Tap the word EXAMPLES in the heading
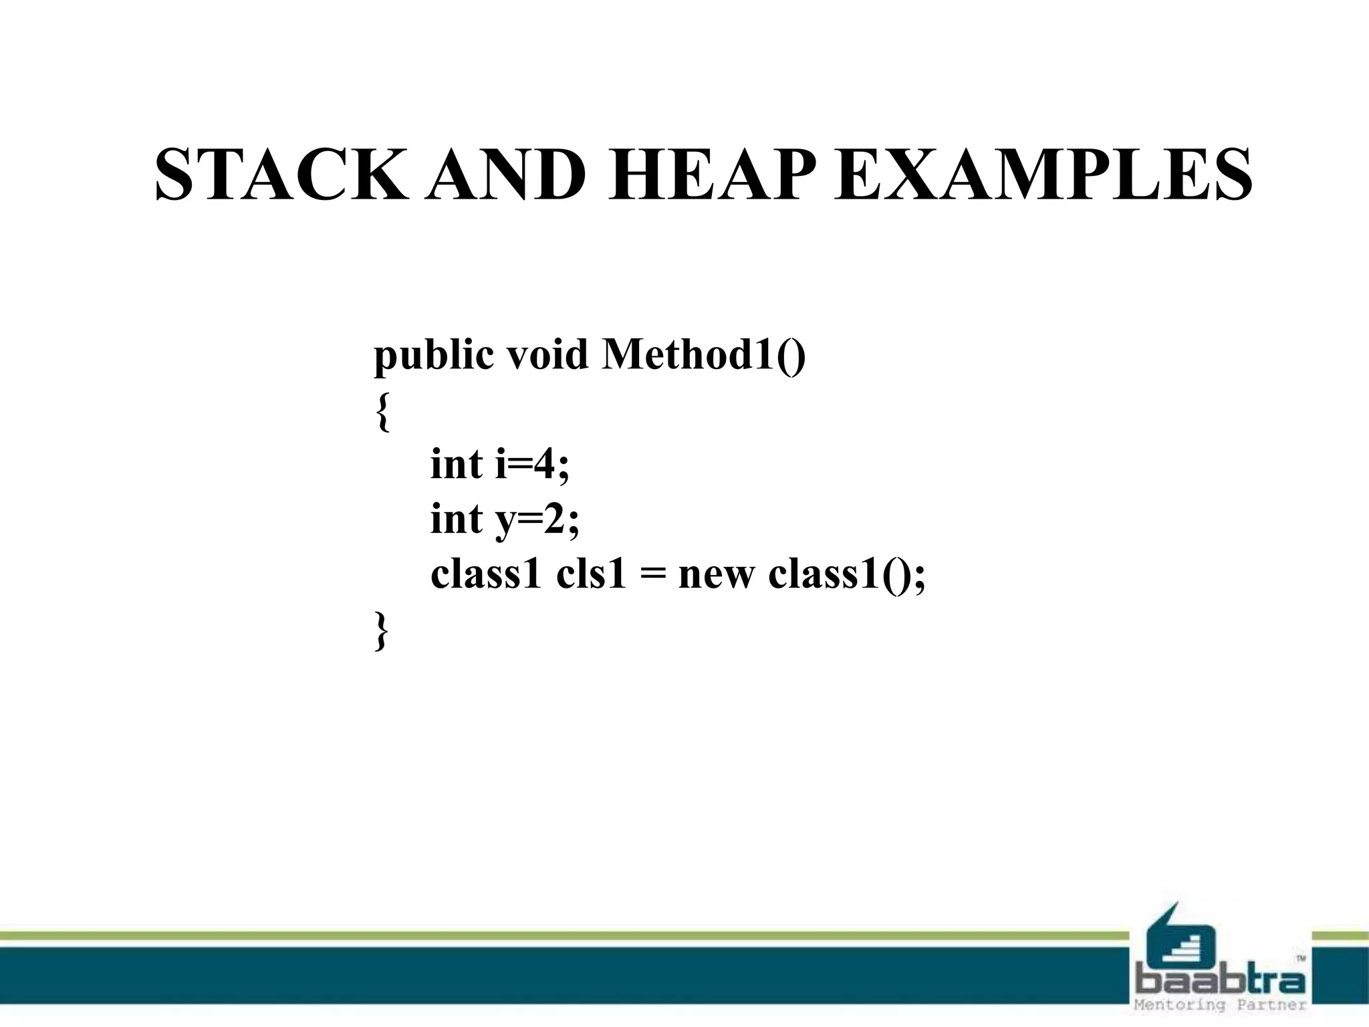[x=1043, y=175]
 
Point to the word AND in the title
[x=507, y=175]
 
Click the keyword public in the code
[x=433, y=354]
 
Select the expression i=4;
[x=533, y=463]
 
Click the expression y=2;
[x=537, y=520]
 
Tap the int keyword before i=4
[x=456, y=463]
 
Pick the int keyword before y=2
[x=456, y=518]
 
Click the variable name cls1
[x=591, y=574]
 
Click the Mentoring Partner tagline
[x=1220, y=1005]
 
